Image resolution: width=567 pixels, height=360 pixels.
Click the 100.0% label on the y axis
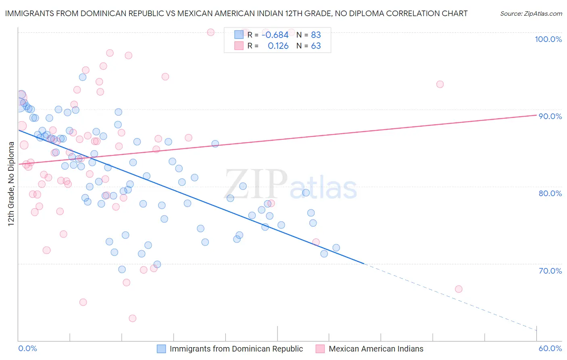[548, 39]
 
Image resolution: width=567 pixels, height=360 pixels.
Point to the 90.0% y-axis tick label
[550, 116]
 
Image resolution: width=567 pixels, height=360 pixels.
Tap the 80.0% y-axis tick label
[550, 193]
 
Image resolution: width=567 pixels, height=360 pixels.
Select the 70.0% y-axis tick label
[550, 271]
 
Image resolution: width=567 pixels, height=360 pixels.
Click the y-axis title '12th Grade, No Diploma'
[11, 184]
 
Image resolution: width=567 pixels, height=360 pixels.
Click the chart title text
[236, 14]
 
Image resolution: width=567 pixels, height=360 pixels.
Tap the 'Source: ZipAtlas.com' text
[531, 14]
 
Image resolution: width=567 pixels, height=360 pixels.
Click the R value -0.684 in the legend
[275, 35]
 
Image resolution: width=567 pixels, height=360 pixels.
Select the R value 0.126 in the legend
[278, 46]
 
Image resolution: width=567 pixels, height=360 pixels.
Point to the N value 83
[316, 35]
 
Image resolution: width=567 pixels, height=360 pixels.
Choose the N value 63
[316, 46]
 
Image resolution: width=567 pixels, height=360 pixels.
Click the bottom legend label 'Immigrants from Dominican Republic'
[236, 349]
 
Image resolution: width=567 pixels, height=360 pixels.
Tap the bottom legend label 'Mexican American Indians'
[376, 349]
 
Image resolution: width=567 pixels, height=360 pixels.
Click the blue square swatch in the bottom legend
[161, 349]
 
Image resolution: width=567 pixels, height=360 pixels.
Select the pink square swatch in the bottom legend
[320, 349]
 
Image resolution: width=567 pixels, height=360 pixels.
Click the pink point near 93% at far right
[440, 84]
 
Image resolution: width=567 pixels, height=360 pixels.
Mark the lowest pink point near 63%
[132, 318]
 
